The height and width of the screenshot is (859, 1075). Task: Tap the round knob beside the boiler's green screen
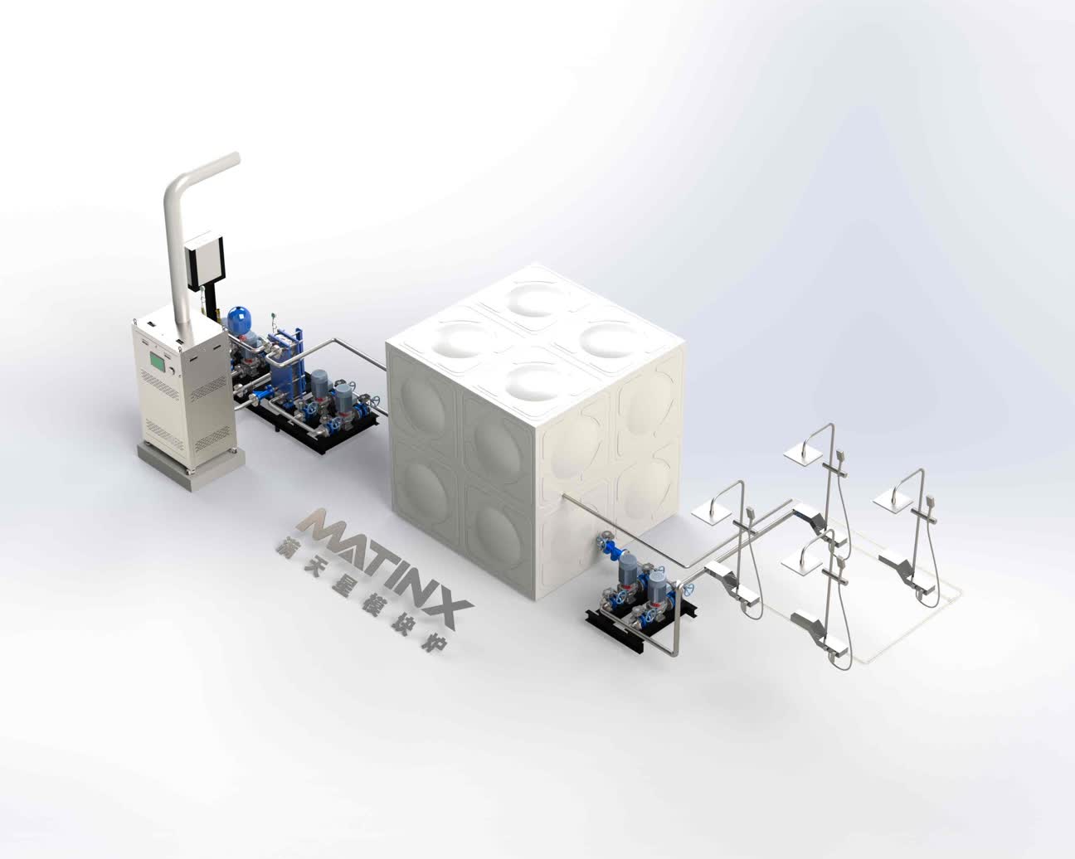coord(173,371)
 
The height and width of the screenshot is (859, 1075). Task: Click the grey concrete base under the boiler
coord(192,463)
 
